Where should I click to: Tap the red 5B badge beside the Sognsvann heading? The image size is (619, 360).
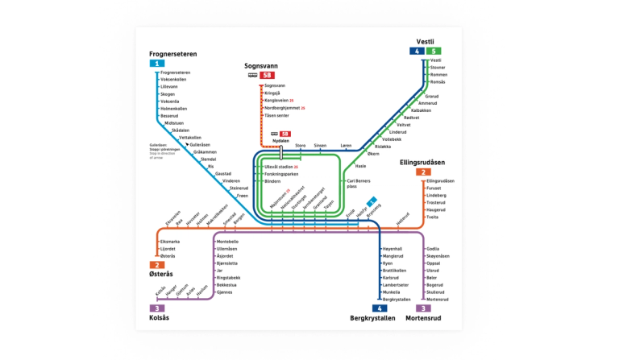tap(268, 75)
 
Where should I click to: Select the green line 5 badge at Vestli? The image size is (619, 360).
tap(434, 51)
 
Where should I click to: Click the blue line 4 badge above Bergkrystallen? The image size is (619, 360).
tap(378, 308)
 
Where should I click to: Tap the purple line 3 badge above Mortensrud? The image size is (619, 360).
tap(422, 308)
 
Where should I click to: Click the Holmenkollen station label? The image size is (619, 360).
tap(174, 109)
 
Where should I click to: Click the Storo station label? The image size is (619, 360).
tap(301, 145)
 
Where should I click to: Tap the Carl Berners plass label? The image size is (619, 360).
tap(358, 184)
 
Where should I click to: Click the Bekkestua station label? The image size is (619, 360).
tap(227, 284)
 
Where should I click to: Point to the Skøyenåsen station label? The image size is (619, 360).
tap(439, 256)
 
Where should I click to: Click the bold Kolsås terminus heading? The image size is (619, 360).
tap(160, 318)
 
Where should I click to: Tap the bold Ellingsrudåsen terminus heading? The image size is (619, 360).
tap(422, 162)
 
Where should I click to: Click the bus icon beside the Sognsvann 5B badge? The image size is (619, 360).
tap(252, 75)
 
